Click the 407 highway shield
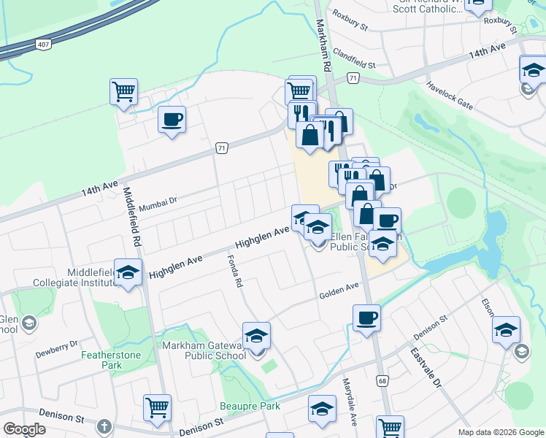click(45, 45)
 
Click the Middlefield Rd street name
click(132, 216)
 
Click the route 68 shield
click(382, 380)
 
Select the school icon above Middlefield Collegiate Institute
click(128, 273)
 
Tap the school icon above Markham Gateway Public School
click(256, 336)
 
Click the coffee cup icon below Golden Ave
click(366, 318)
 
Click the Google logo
click(24, 429)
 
